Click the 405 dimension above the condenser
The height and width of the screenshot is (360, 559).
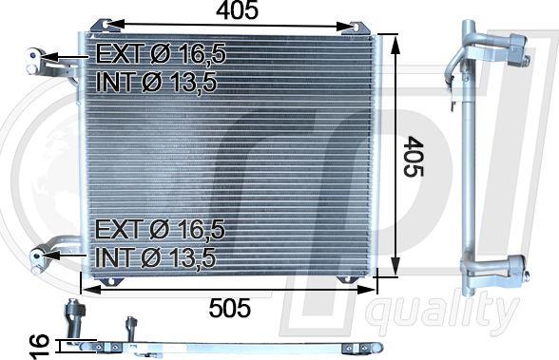click(237, 9)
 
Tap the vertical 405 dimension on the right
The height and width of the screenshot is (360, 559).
click(414, 156)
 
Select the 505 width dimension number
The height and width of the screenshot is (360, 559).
click(230, 308)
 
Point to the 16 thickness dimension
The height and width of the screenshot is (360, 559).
click(39, 347)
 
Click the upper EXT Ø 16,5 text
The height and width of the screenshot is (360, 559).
click(162, 54)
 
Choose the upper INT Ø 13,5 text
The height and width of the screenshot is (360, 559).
click(156, 82)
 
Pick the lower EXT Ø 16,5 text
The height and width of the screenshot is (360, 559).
click(160, 229)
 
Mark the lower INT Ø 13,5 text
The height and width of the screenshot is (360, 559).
click(156, 257)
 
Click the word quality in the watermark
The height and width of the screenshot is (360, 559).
click(443, 314)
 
